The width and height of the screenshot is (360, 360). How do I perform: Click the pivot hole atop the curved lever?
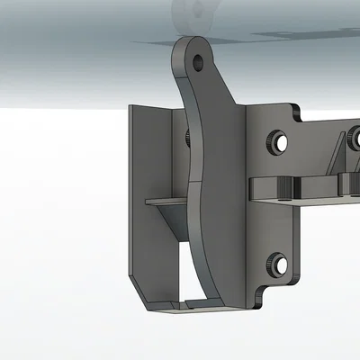pos(198,61)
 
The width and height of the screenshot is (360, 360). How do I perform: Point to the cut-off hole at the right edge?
pos(355,139)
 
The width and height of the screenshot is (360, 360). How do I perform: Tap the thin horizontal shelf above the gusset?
pos(166,199)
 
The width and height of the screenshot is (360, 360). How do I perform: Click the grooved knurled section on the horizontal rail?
pos(286,186)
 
